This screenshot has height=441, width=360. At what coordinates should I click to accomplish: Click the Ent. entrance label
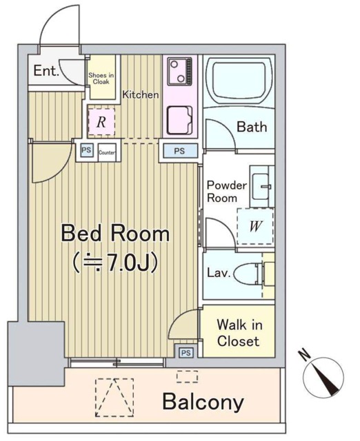point(46,70)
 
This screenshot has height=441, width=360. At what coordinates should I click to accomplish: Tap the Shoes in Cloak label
point(101,79)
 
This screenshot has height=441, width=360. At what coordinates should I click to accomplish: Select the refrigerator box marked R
point(101,122)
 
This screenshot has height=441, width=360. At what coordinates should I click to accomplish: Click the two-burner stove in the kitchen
point(179,71)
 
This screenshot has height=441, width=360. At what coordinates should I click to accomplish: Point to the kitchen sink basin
point(180,120)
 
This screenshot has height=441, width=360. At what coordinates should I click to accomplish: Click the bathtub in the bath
point(239,81)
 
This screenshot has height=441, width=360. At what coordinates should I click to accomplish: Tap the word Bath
point(252,127)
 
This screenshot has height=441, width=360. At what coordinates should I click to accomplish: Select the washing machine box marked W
point(255,227)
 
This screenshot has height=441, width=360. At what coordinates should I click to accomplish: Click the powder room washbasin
point(261,186)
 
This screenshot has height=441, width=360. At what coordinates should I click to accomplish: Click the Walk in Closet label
point(239,333)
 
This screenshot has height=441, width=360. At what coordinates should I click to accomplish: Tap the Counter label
point(107,153)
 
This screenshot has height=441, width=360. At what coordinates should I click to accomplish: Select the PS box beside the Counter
point(86,150)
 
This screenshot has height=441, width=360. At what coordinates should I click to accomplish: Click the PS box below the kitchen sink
point(180,150)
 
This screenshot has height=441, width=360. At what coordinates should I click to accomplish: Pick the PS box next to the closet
point(186,352)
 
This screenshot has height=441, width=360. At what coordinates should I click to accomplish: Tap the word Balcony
point(203,402)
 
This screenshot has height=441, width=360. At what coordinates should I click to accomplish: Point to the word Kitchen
point(141,94)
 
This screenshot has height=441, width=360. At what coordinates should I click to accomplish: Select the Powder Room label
point(227,192)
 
